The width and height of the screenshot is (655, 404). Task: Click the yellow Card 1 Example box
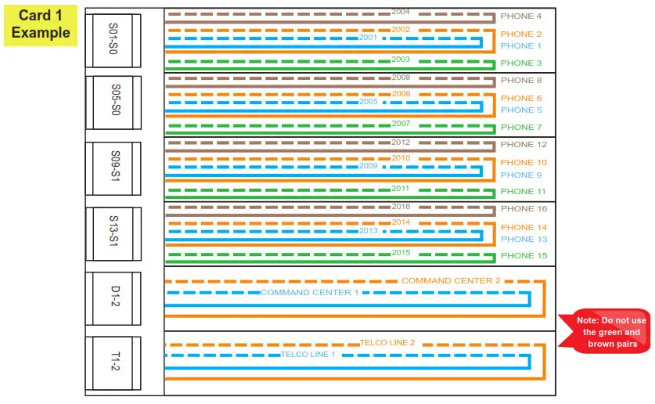41,24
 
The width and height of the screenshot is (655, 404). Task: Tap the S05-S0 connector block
113,103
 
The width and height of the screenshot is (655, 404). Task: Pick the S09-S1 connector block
113,168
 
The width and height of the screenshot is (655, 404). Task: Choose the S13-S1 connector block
113,233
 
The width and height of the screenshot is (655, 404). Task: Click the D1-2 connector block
113,298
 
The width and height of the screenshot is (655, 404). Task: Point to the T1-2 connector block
113,363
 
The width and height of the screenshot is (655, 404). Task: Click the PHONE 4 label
521,16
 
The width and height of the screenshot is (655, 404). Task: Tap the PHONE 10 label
524,163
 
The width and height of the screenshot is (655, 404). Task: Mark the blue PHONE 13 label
524,240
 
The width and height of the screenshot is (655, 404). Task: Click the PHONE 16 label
524,209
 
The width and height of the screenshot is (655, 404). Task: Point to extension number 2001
368,38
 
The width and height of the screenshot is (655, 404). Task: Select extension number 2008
401,78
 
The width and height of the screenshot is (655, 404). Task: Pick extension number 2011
401,189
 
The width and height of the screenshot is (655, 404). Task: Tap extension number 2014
401,222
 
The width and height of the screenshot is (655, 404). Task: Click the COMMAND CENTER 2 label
451,280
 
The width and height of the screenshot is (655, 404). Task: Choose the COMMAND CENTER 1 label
309,293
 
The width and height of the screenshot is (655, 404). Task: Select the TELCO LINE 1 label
308,355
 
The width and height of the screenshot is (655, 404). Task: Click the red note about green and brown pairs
606,332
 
